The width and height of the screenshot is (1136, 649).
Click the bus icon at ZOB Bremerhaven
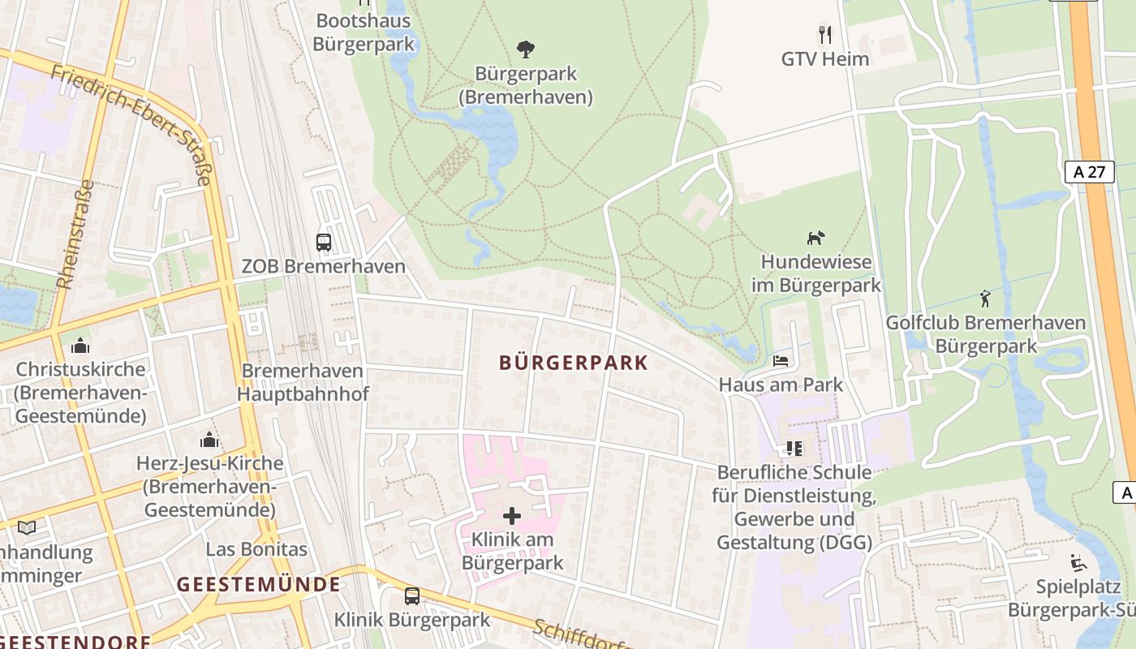pyautogui.click(x=323, y=242)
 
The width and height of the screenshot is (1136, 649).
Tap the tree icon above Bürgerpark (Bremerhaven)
pyautogui.click(x=526, y=49)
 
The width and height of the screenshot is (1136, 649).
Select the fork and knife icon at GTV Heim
pyautogui.click(x=825, y=35)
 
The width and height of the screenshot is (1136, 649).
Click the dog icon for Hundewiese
pyautogui.click(x=815, y=238)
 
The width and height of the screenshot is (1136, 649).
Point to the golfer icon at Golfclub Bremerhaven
pyautogui.click(x=985, y=299)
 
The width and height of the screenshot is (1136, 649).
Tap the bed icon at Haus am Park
pyautogui.click(x=781, y=360)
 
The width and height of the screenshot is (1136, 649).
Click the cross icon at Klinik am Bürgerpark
pyautogui.click(x=512, y=515)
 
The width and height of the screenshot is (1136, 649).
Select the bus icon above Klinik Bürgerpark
pyautogui.click(x=412, y=596)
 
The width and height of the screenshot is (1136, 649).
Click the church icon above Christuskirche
pyautogui.click(x=80, y=346)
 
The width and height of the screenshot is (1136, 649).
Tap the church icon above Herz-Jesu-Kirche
pyautogui.click(x=209, y=440)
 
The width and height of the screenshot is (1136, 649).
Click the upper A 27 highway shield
pyautogui.click(x=1089, y=171)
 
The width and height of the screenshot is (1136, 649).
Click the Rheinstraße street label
pyautogui.click(x=75, y=234)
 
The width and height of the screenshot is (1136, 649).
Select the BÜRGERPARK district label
pyautogui.click(x=574, y=363)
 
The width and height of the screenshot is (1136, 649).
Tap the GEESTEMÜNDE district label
pyautogui.click(x=258, y=584)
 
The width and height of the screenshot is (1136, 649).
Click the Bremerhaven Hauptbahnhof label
pyautogui.click(x=303, y=382)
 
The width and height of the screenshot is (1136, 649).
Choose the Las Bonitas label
pyautogui.click(x=256, y=549)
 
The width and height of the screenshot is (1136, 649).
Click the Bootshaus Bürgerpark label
pyautogui.click(x=364, y=32)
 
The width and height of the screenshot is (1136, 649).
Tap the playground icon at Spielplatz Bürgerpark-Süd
pyautogui.click(x=1078, y=562)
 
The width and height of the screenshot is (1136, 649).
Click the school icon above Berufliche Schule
pyautogui.click(x=793, y=449)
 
